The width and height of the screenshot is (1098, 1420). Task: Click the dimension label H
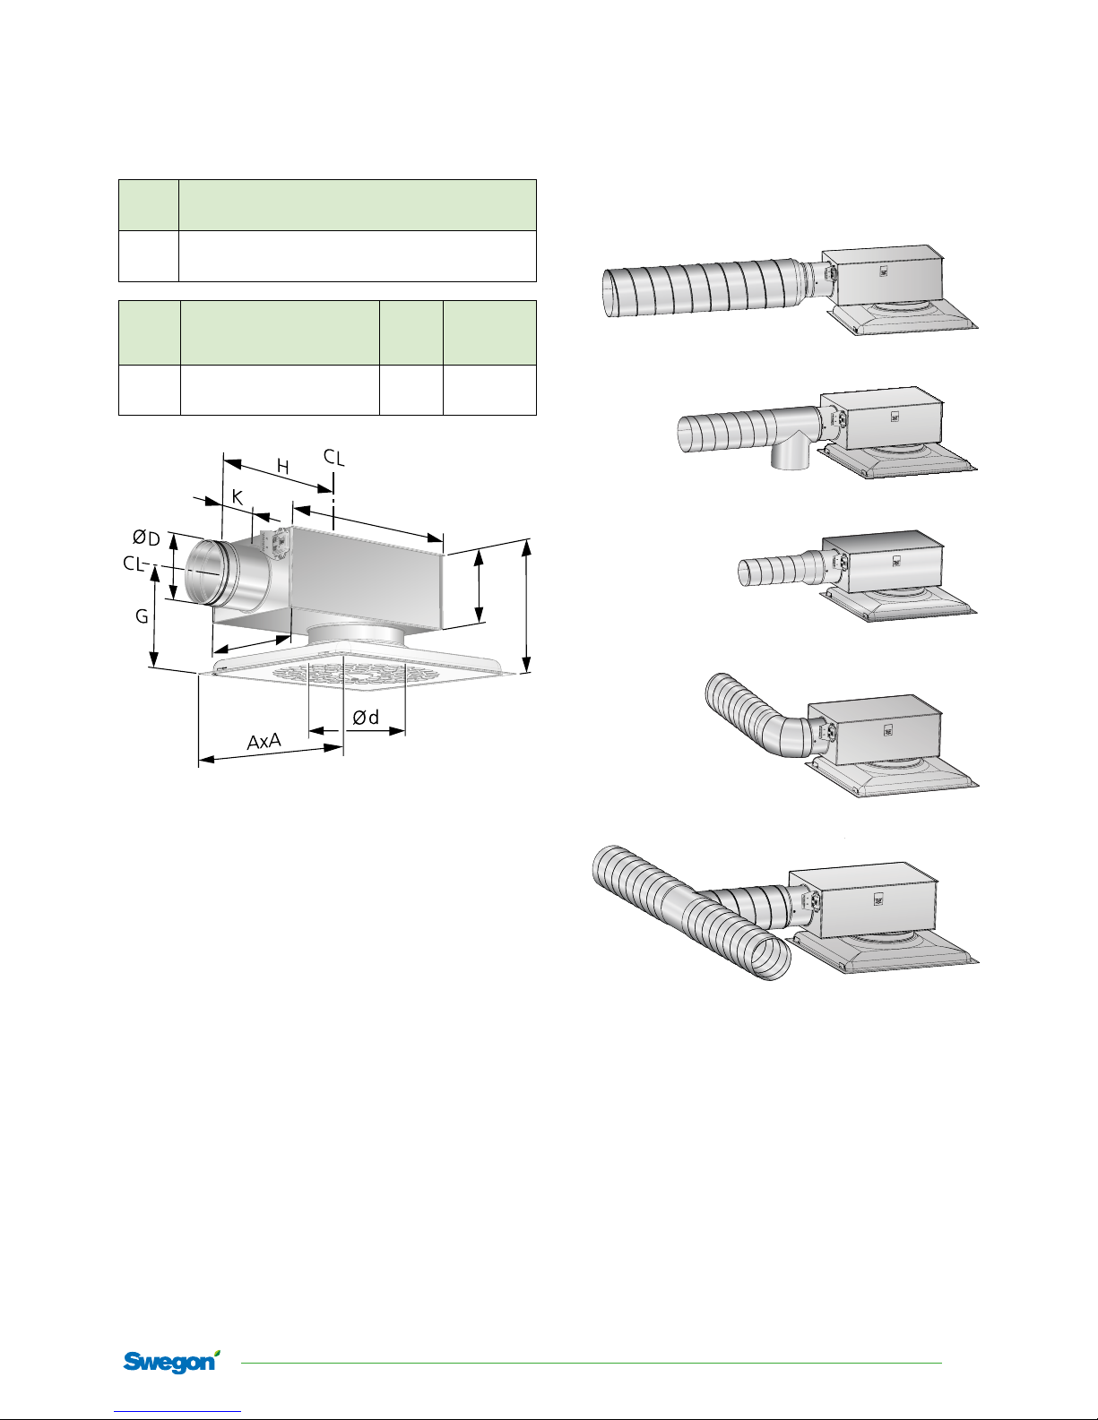coord(283,467)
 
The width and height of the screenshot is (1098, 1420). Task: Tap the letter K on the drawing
coord(238,498)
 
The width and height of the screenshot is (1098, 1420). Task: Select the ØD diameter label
coord(146,538)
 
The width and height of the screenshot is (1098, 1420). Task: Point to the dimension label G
coord(142,615)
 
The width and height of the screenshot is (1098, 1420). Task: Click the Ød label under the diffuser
coord(366,718)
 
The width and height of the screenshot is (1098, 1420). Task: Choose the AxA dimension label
coord(264,741)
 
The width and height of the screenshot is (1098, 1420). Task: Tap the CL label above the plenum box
coord(334,458)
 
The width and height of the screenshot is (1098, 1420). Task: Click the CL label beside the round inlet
coord(133,563)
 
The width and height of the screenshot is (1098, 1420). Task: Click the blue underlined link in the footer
coord(177,1412)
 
